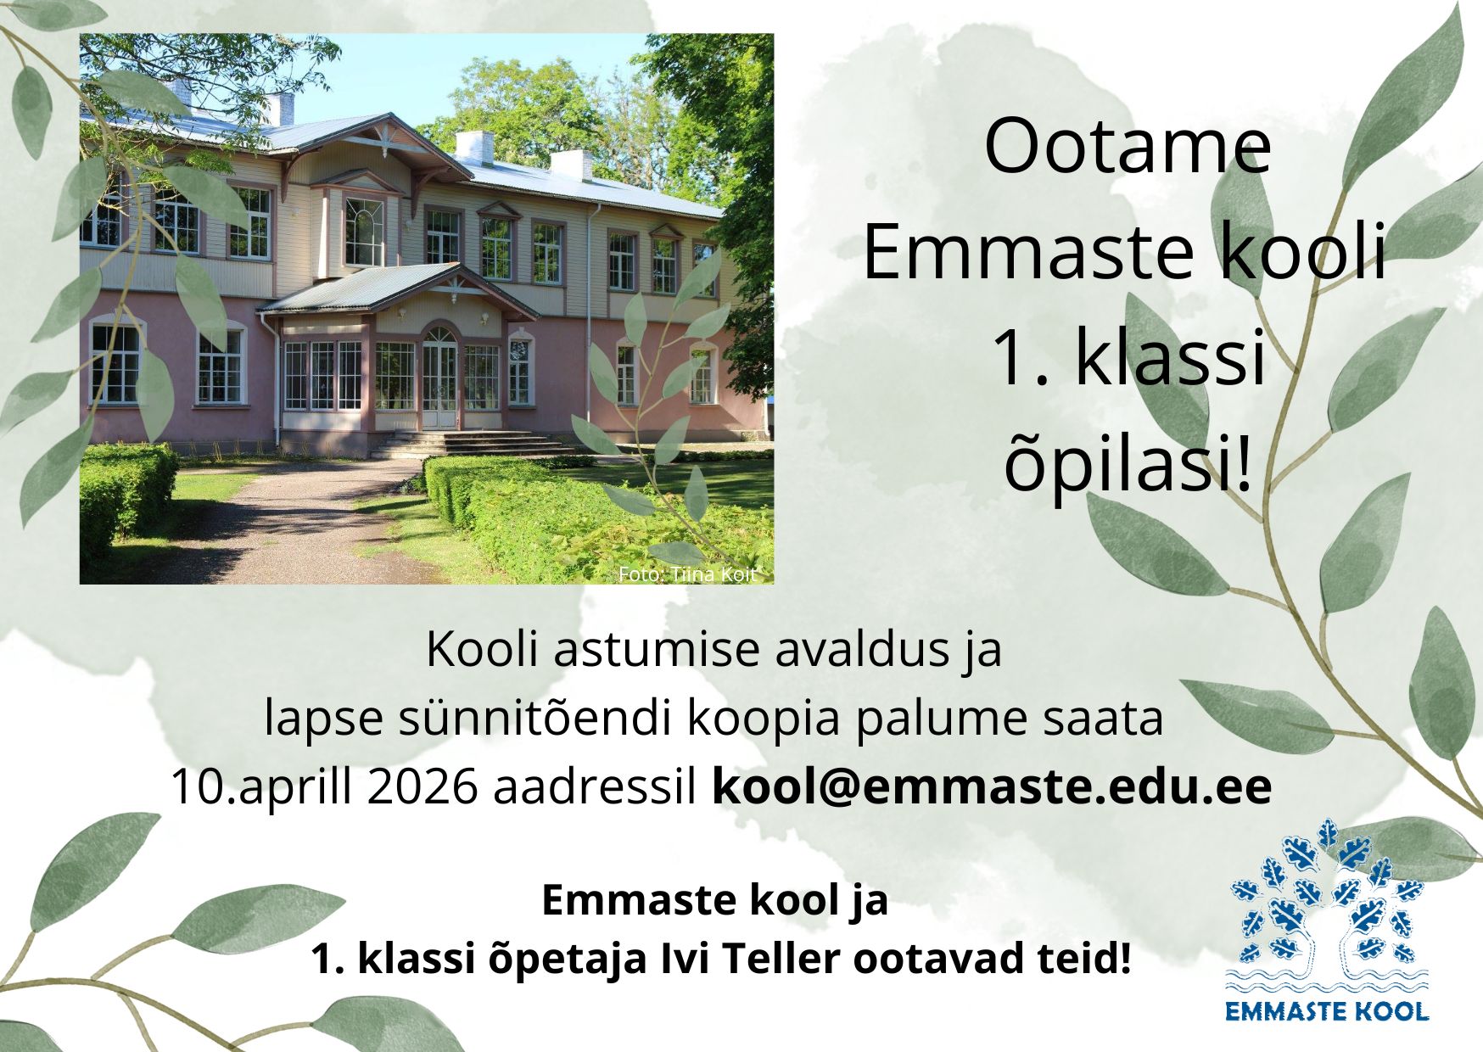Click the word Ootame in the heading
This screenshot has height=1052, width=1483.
[1127, 148]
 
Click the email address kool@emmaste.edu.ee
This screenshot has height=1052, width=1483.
[992, 786]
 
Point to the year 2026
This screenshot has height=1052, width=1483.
[424, 787]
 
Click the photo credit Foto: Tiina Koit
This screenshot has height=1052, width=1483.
[686, 574]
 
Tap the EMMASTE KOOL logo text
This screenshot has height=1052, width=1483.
[1328, 1010]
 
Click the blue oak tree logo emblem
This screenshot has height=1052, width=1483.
[1328, 904]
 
